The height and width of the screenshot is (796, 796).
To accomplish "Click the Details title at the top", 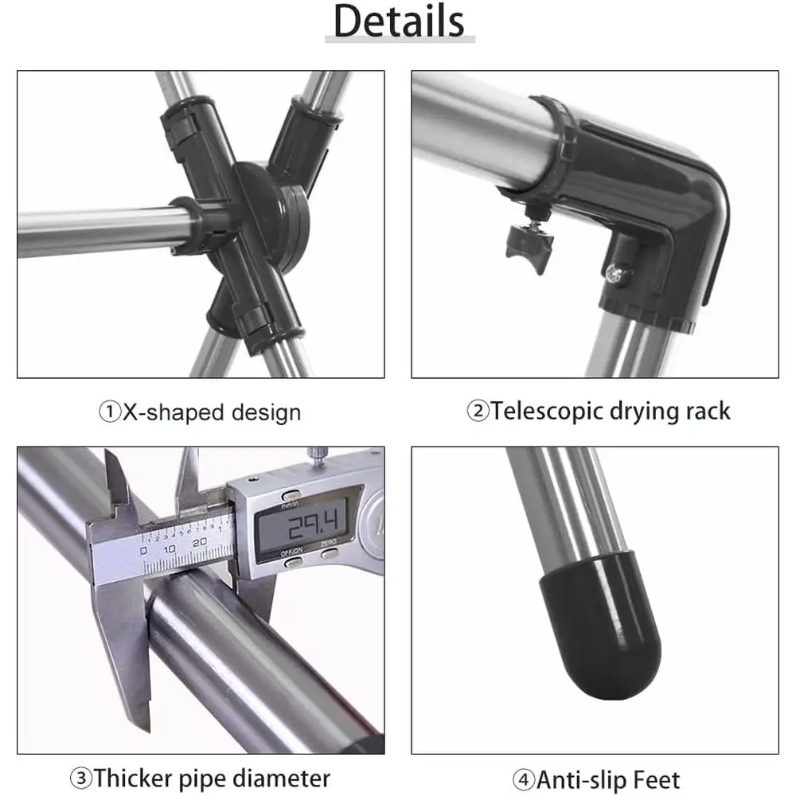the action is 399,21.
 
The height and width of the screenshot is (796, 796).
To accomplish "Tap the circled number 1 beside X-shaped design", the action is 109,412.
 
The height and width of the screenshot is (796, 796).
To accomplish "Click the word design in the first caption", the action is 266,412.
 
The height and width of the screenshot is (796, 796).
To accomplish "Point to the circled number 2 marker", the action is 478,410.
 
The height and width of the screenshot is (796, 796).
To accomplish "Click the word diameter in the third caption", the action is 281,778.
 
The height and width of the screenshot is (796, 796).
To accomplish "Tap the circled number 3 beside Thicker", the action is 80,778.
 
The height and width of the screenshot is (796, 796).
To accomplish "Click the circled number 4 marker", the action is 524,779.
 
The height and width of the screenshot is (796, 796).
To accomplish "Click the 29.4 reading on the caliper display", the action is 313,525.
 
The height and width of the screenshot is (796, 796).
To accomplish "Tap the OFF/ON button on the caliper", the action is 293,561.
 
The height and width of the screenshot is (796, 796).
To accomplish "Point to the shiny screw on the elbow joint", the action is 616,273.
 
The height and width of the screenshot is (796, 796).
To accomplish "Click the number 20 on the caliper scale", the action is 200,542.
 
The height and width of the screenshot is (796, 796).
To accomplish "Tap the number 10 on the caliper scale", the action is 170,548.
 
